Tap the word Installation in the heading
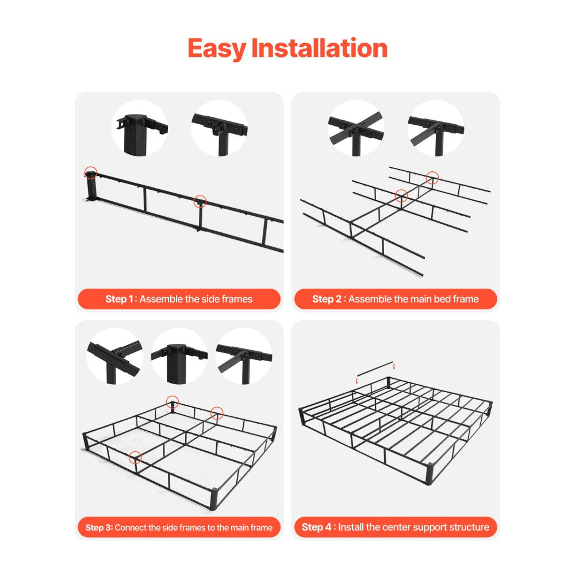point(319,49)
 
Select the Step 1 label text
point(120,299)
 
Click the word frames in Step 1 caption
point(236,299)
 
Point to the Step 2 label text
point(328,299)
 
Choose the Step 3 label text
point(99,527)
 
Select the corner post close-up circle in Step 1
point(139,128)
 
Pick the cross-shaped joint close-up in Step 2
point(356,128)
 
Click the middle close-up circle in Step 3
point(179,356)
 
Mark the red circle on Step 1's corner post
point(90,171)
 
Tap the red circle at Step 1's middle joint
point(200,201)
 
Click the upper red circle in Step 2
point(432,178)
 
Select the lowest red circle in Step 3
point(136,458)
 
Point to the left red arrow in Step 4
point(356,380)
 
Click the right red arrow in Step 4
point(393,366)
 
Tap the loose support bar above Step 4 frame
point(375,369)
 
